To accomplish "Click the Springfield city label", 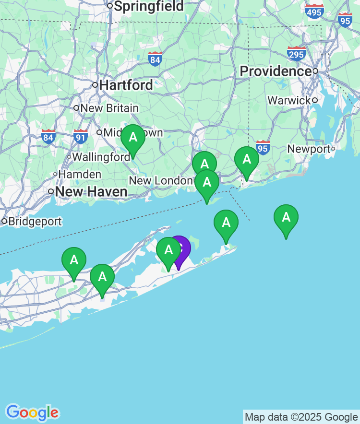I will (148, 6).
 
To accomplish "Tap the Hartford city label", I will (126, 85).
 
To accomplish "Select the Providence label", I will (276, 71).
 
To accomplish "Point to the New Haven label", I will (91, 192).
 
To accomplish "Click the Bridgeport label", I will (35, 222).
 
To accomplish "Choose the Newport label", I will (309, 149).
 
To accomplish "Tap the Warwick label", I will (289, 101).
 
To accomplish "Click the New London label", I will (160, 181).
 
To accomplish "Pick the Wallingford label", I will (101, 157).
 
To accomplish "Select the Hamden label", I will (80, 175).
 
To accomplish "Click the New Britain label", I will (109, 108).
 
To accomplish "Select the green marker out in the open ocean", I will (286, 219).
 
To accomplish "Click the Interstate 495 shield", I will (314, 11).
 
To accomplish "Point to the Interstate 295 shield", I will (297, 53).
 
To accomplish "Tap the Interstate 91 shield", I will (81, 137).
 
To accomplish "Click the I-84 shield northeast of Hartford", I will (155, 59).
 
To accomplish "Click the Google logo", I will (32, 412).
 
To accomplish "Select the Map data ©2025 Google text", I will (301, 417).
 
